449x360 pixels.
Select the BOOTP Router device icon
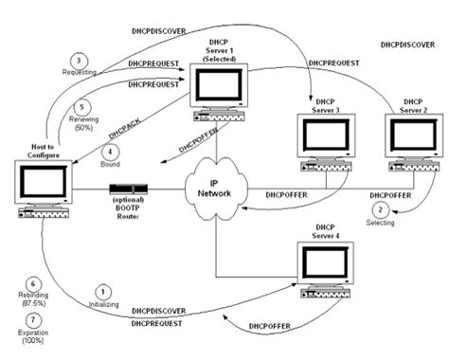125,189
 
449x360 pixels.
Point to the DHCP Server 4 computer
326,271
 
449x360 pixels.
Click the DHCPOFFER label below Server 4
268,327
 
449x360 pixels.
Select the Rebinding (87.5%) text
34,299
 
